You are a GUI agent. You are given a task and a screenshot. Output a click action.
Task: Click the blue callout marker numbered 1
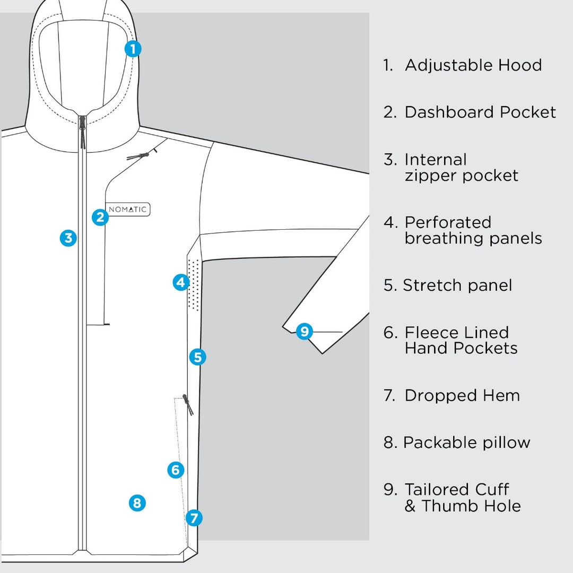pyautogui.click(x=133, y=49)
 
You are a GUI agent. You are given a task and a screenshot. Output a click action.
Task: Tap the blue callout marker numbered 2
pyautogui.click(x=100, y=217)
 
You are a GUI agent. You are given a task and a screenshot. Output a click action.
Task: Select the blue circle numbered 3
pyautogui.click(x=68, y=238)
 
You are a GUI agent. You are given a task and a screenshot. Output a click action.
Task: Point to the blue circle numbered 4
pyautogui.click(x=181, y=282)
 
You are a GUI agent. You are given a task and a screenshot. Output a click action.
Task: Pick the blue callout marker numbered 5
pyautogui.click(x=197, y=357)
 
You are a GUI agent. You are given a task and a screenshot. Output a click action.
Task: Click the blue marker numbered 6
pyautogui.click(x=176, y=470)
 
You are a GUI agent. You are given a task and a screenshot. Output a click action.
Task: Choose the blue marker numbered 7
pyautogui.click(x=194, y=517)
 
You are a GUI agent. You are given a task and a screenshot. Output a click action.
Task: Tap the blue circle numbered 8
pyautogui.click(x=137, y=502)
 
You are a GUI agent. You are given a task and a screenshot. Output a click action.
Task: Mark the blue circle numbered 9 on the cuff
pyautogui.click(x=304, y=332)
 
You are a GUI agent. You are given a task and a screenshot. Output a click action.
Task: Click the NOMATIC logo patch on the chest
pyautogui.click(x=128, y=210)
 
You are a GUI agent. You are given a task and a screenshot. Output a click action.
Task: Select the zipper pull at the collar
pyautogui.click(x=82, y=133)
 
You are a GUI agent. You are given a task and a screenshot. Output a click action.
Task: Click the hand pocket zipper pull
pyautogui.click(x=187, y=404)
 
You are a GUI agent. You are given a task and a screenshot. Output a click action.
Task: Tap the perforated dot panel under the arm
pyautogui.click(x=194, y=285)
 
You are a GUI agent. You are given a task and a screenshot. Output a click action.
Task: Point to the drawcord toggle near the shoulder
pyautogui.click(x=141, y=156)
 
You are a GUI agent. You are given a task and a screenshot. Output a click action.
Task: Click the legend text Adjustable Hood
pyautogui.click(x=473, y=65)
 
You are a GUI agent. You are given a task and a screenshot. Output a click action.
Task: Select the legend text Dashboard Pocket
pyautogui.click(x=480, y=112)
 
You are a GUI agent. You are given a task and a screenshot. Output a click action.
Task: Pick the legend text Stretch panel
pyautogui.click(x=457, y=285)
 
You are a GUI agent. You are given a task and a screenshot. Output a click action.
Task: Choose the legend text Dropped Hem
pyautogui.click(x=462, y=395)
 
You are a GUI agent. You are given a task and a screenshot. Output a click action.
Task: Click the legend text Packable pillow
pyautogui.click(x=466, y=442)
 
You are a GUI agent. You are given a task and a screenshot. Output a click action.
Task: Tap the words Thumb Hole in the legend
pyautogui.click(x=471, y=506)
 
